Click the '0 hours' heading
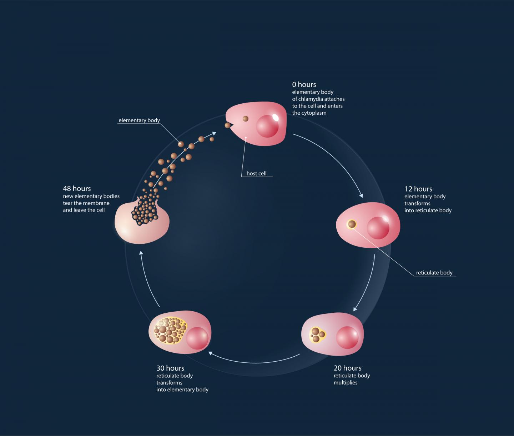coord(304,85)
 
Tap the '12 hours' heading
coord(418,189)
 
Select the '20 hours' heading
coord(347,368)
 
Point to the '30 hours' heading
coord(170,368)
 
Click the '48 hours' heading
coord(77,189)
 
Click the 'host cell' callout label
coord(256,173)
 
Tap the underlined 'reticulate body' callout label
coord(434,273)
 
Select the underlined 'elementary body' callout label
coord(139,120)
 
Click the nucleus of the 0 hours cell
coord(267,126)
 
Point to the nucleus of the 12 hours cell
coord(378,228)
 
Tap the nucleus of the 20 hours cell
coord(347,337)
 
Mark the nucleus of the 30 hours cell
coord(197,338)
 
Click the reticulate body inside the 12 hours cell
coord(352,224)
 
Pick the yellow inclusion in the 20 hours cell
coord(317,335)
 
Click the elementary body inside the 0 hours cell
coord(246,119)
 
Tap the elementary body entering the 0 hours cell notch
coord(227,125)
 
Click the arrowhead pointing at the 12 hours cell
coord(361,195)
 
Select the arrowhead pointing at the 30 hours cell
coord(211,353)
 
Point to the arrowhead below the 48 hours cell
coord(141,253)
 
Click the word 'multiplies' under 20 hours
coord(345,383)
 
